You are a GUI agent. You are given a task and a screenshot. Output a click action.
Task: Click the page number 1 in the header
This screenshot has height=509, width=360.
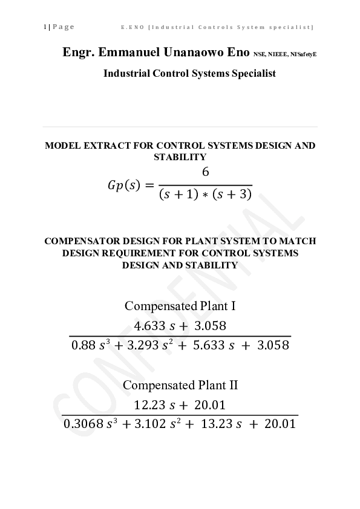click(x=45, y=27)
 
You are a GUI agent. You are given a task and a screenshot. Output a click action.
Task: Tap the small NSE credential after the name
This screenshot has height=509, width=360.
click(x=261, y=54)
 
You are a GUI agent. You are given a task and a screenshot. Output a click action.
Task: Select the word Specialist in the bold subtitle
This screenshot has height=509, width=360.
click(x=249, y=73)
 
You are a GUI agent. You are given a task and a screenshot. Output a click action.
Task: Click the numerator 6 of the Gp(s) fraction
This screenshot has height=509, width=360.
click(x=206, y=172)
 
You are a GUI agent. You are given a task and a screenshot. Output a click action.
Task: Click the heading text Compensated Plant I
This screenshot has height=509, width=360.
click(x=180, y=306)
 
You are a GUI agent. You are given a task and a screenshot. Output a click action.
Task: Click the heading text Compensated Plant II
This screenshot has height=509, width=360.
click(x=180, y=385)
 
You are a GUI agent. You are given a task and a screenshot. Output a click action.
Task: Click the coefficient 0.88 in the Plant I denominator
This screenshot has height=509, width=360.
click(x=83, y=346)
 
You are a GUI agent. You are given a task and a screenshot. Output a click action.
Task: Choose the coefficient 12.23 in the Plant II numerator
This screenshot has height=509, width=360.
click(x=148, y=406)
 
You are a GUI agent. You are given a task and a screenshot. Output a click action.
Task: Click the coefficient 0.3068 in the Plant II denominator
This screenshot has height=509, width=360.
click(x=83, y=424)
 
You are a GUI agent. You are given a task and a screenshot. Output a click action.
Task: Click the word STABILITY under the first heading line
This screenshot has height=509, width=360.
click(x=180, y=157)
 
